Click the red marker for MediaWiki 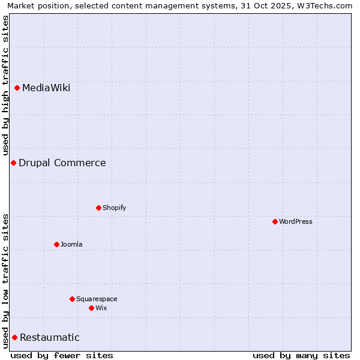pos(17,88)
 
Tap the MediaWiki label pos(46,88)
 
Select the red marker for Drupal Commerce pos(13,163)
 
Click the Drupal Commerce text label pos(62,163)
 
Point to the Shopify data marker pos(99,208)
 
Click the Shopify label pos(114,208)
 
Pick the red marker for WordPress pos(275,222)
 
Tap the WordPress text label pos(296,222)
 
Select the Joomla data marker pos(57,245)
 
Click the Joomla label pos(71,245)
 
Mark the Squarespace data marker pos(73,299)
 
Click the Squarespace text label pos(97,299)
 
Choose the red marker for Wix pos(92,308)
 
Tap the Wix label pos(101,308)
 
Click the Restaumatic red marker pos(14,338)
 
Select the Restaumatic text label pos(50,338)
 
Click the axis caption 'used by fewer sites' pos(62,355)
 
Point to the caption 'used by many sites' pos(301,355)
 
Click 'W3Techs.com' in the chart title pos(327,6)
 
